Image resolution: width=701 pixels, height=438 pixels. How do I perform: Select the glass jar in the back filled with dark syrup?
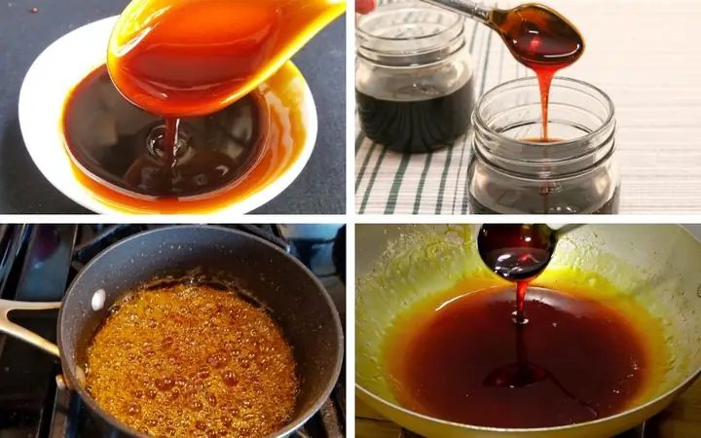coord(414,88)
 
